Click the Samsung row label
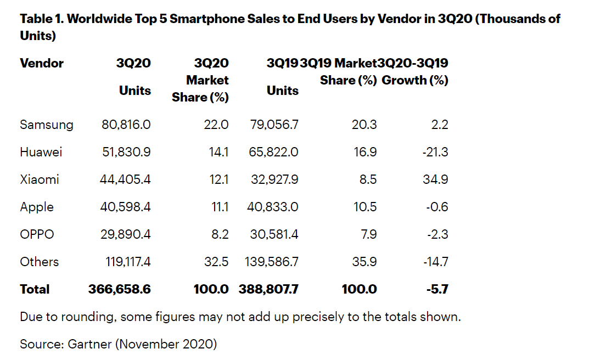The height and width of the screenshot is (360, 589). [46, 125]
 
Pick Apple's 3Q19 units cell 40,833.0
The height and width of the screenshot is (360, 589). [274, 207]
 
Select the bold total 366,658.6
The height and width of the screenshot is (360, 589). [119, 289]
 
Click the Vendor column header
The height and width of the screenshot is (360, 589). [42, 63]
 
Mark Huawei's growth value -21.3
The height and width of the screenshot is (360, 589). [435, 152]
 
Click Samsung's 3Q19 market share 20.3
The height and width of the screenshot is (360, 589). [364, 125]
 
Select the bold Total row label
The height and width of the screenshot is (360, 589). [35, 289]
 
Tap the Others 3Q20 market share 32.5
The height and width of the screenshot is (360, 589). [216, 262]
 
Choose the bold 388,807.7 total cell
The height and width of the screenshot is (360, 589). [268, 289]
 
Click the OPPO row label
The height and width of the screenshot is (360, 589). [37, 234]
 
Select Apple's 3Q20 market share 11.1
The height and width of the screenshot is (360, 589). [219, 207]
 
